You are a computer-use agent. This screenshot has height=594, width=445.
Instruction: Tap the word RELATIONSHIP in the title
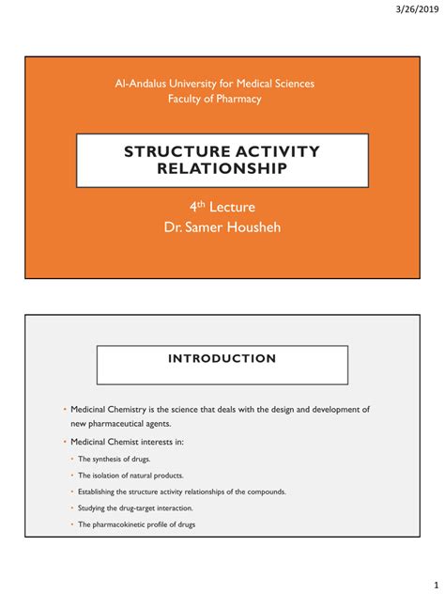(x=222, y=169)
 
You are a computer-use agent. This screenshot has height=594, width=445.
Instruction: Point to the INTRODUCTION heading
(x=222, y=358)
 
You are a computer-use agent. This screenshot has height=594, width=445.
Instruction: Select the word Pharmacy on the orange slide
(x=239, y=99)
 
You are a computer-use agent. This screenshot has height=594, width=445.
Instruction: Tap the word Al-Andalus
(x=142, y=84)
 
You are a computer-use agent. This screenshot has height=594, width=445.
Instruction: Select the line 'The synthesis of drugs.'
(x=114, y=459)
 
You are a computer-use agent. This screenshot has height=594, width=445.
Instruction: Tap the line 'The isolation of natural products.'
(x=131, y=476)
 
